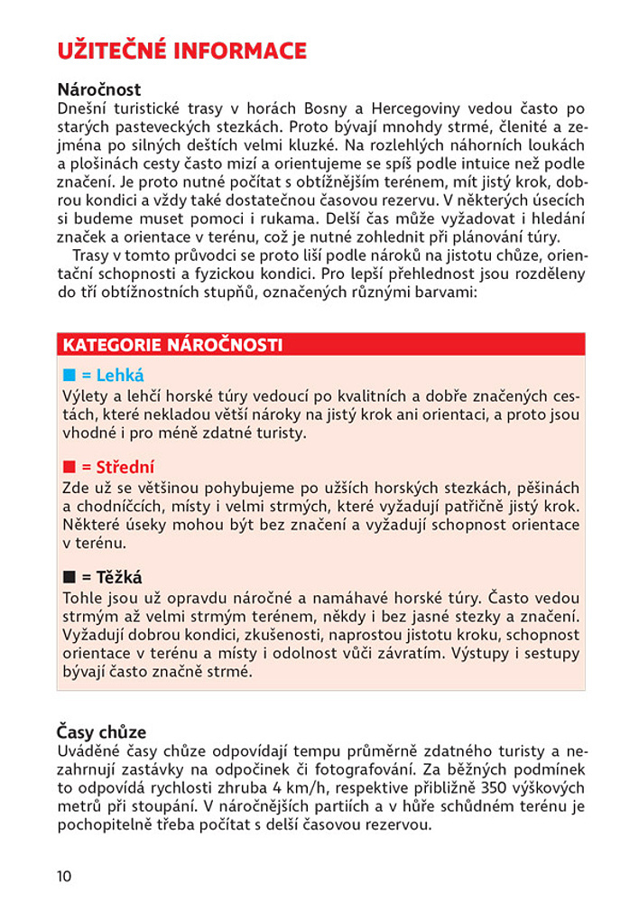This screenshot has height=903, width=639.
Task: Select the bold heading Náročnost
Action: pos(99,90)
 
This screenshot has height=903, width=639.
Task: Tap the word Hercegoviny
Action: pos(458,108)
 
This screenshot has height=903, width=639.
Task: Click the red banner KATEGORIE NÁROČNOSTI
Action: pos(171,345)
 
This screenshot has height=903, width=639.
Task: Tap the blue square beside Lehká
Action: pos(69,376)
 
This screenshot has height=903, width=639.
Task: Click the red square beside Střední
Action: pos(69,468)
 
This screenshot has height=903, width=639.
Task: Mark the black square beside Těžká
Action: pos(69,578)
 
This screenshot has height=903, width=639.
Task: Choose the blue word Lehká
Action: pos(120,376)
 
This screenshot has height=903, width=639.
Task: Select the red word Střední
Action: pos(125,468)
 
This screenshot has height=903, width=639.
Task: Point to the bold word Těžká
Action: pos(119,578)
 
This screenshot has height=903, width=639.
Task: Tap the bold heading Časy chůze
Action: pos(102,731)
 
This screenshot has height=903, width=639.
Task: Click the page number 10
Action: pos(63,876)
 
